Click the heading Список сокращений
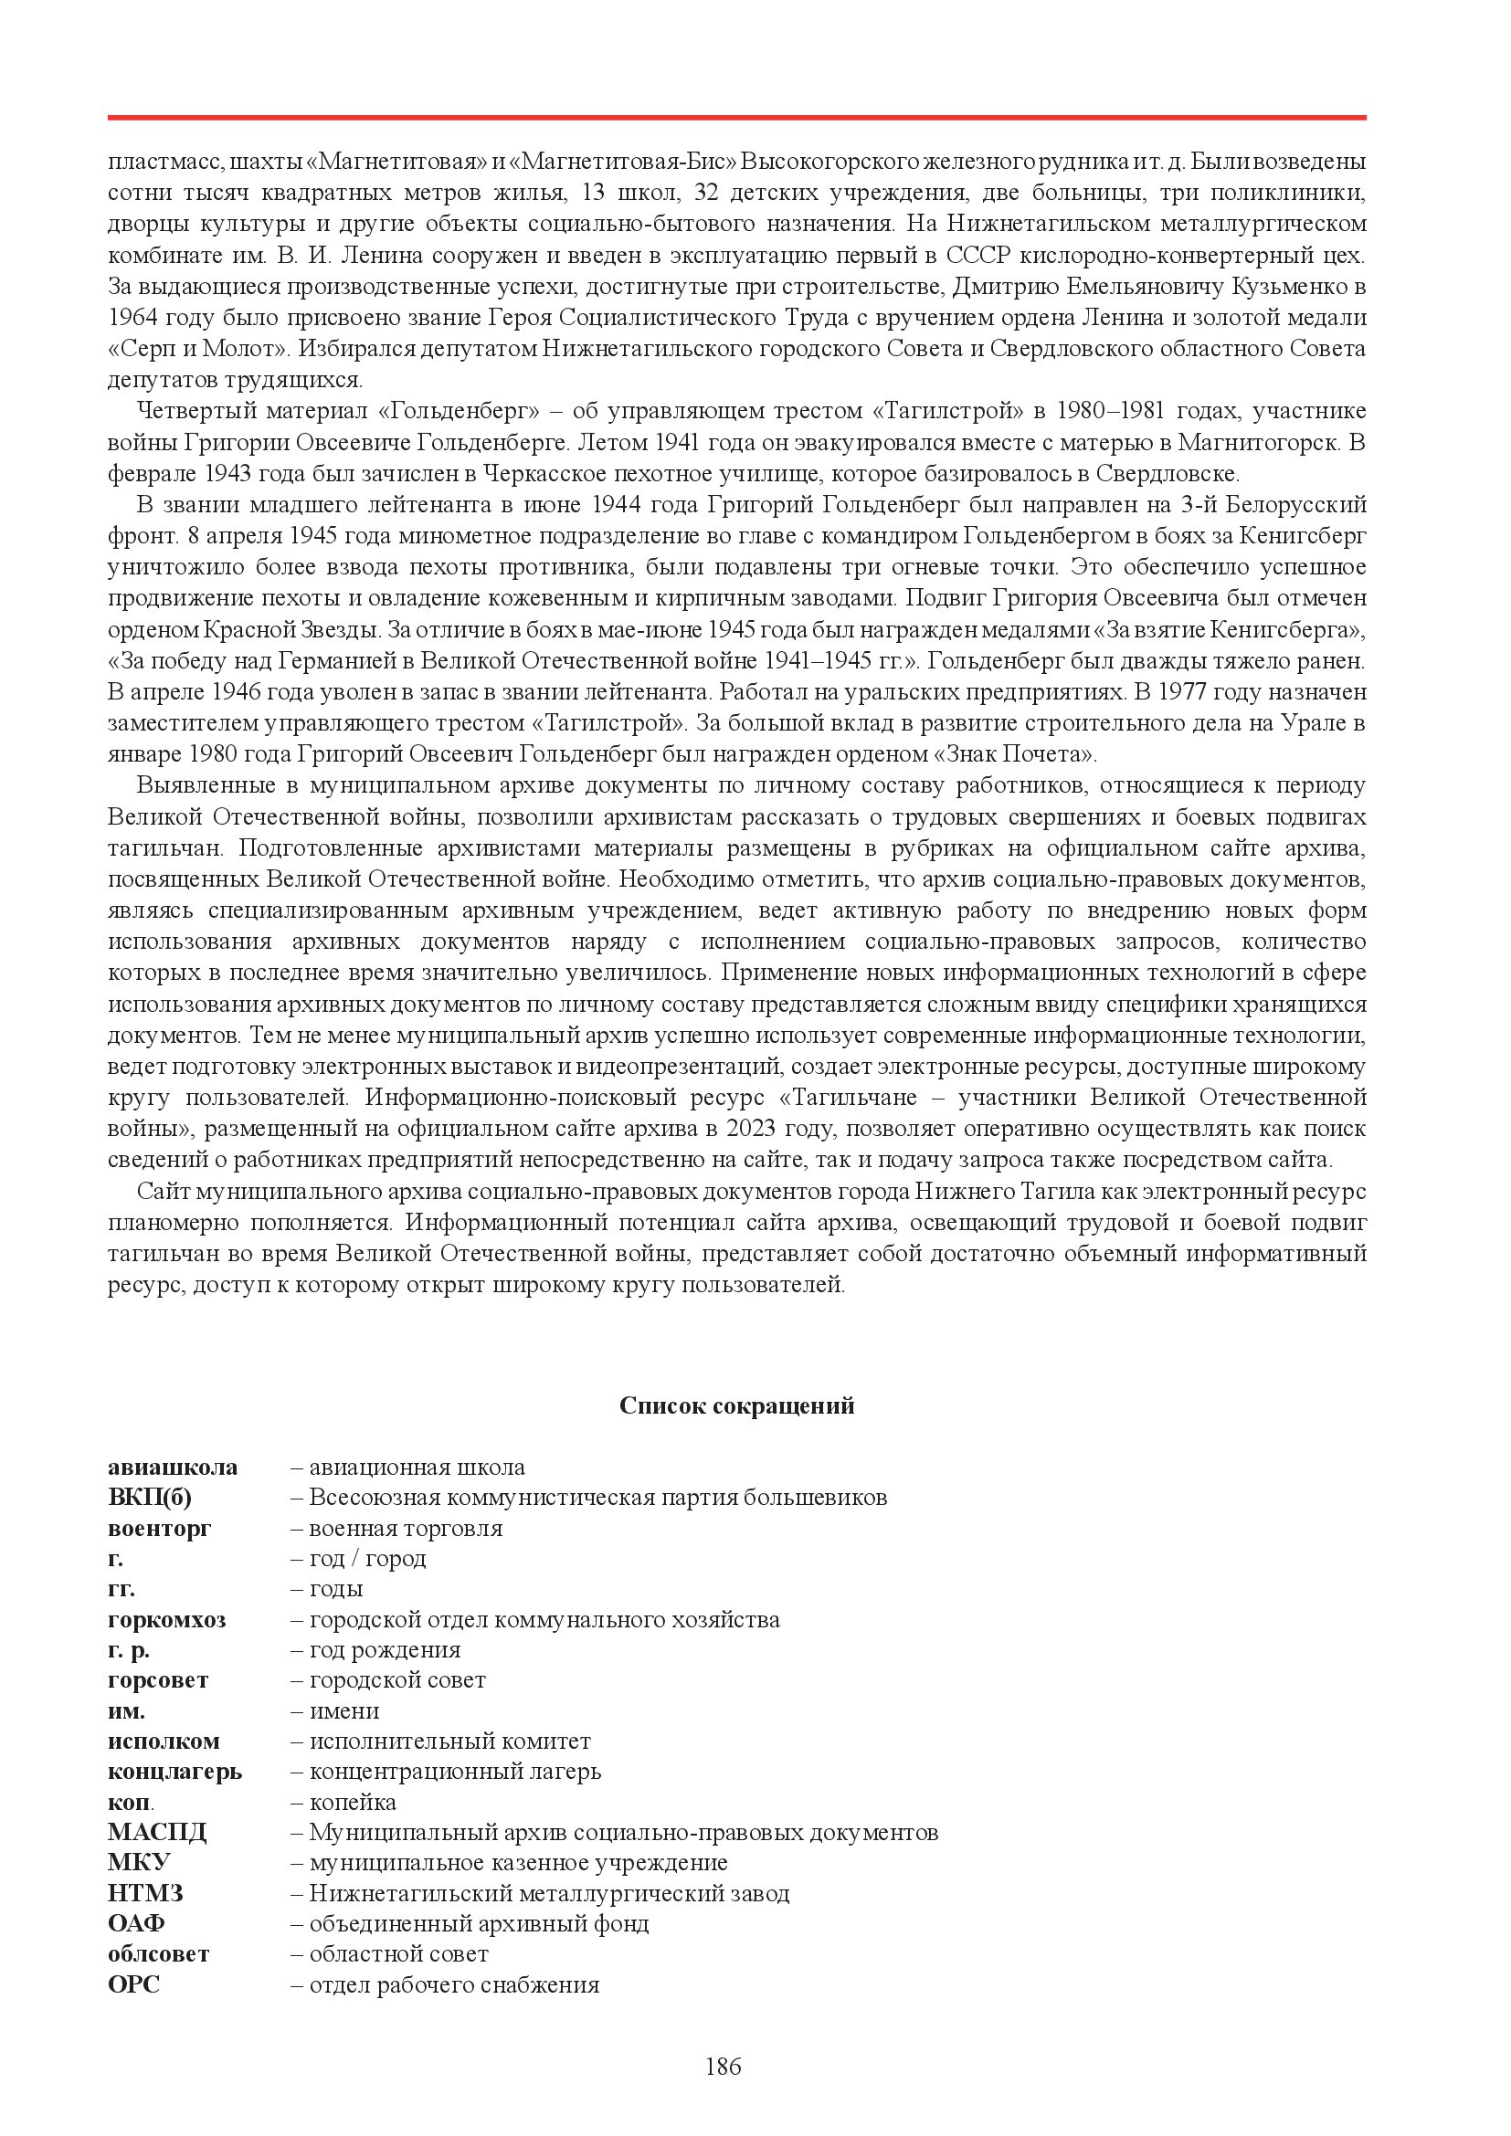737,1405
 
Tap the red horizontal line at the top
737,118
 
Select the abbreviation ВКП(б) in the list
150,1497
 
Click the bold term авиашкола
172,1468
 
